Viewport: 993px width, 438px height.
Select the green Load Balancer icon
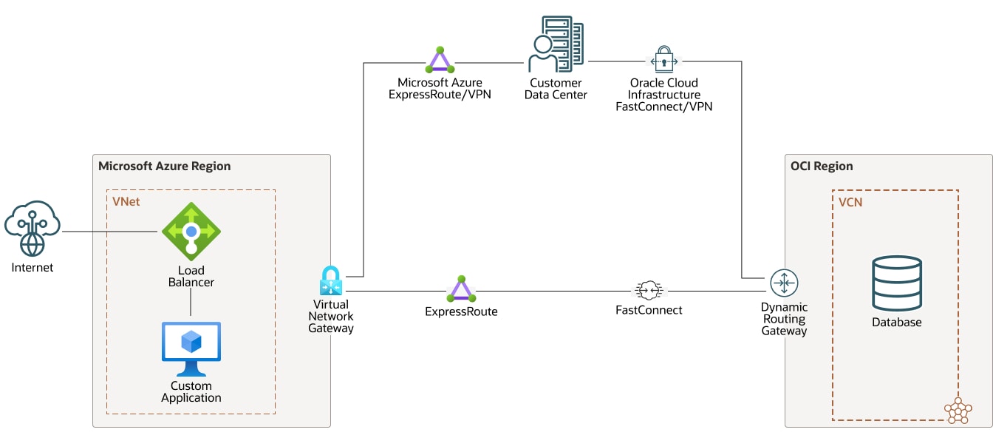tap(191, 232)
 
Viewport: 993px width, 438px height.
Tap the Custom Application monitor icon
tap(191, 348)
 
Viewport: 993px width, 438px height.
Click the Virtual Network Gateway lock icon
tap(330, 281)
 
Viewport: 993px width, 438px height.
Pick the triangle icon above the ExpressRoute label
tap(461, 289)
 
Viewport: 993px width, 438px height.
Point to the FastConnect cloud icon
tap(649, 289)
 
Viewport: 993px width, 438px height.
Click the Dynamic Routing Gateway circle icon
tap(784, 283)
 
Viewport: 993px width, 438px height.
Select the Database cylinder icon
tap(896, 283)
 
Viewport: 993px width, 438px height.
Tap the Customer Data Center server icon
tap(556, 44)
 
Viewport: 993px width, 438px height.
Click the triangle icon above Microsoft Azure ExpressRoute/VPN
tap(440, 60)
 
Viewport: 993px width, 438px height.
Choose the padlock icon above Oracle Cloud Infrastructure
tap(664, 59)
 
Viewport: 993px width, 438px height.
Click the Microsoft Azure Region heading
tap(164, 166)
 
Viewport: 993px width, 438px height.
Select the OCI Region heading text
tap(822, 166)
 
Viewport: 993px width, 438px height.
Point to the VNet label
tap(126, 201)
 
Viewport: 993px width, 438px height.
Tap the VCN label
tap(850, 202)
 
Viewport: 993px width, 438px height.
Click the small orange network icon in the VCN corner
tap(958, 410)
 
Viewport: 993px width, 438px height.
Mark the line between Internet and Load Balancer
tap(111, 232)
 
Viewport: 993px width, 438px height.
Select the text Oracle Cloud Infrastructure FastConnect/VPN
tap(663, 95)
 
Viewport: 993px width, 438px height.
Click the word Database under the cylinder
tap(896, 322)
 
